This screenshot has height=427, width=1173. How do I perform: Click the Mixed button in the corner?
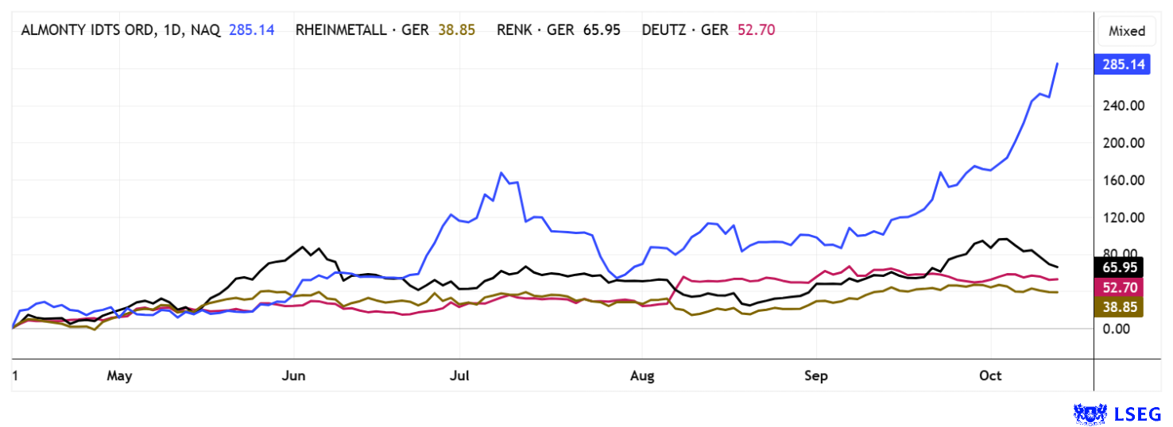click(x=1127, y=31)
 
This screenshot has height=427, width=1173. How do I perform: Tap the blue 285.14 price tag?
click(x=1121, y=64)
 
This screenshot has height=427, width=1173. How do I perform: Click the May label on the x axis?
click(x=118, y=376)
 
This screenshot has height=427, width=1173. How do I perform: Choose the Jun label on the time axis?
click(x=293, y=376)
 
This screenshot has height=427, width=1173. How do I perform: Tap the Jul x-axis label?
click(x=459, y=376)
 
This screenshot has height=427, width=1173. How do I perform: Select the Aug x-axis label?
click(x=642, y=376)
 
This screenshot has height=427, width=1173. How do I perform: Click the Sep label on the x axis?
click(x=816, y=376)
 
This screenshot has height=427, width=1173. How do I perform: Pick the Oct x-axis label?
click(x=990, y=376)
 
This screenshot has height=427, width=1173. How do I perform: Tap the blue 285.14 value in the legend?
click(x=252, y=30)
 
